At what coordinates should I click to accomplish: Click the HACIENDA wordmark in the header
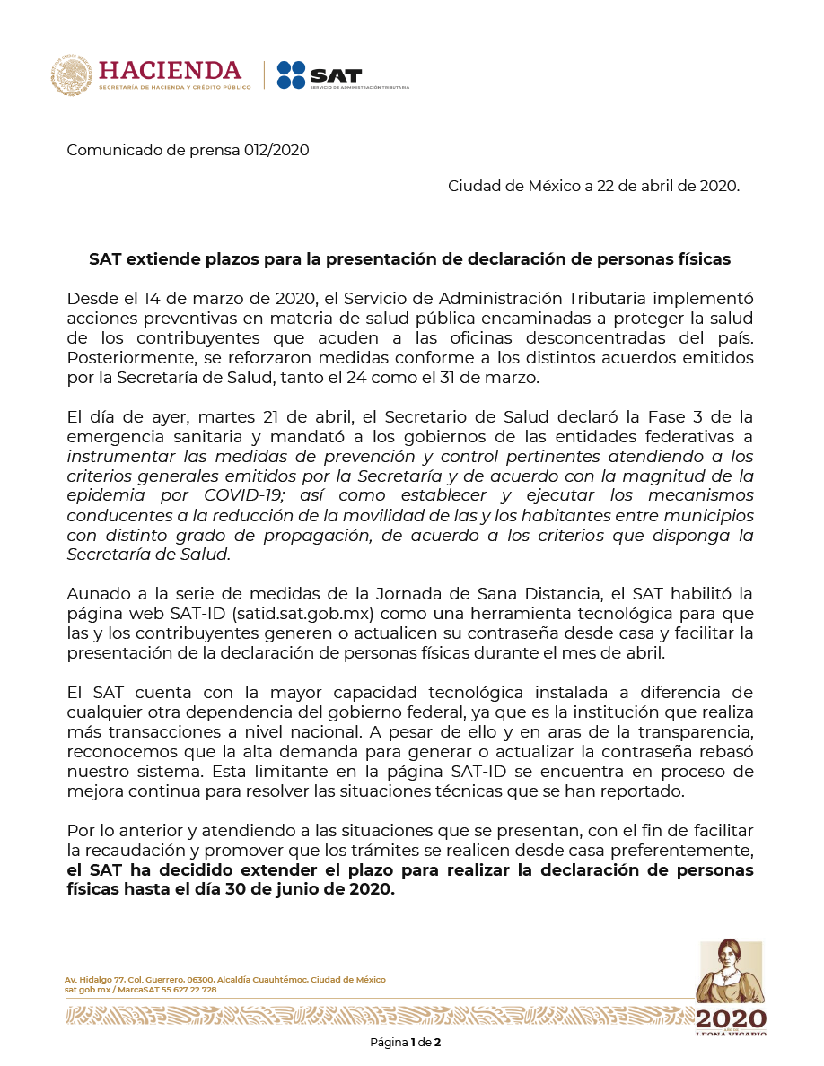(171, 70)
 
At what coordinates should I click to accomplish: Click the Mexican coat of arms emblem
(72, 75)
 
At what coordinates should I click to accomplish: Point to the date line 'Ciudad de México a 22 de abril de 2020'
(593, 186)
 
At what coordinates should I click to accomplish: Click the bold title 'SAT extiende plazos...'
(409, 259)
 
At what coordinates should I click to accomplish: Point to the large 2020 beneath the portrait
(731, 1019)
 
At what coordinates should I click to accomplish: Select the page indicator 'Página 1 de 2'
(406, 1043)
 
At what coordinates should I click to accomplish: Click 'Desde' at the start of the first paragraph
(89, 298)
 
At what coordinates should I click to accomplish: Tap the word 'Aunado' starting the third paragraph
(94, 594)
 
